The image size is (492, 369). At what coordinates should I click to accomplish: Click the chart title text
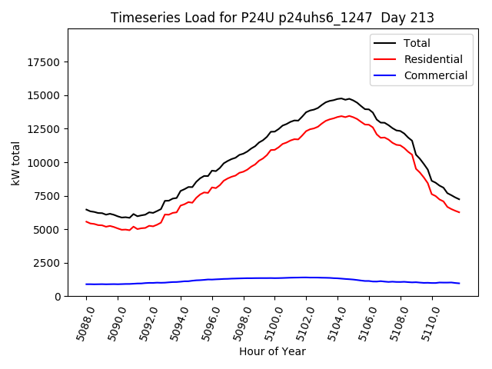coord(272,18)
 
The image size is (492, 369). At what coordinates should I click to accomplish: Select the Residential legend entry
coord(433,59)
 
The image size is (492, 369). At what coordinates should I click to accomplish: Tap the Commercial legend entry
coord(435,75)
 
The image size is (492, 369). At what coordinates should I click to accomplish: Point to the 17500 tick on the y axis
coord(46,62)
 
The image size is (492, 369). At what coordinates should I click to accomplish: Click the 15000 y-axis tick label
coord(46,96)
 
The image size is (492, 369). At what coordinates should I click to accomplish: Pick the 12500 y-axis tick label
coord(46,129)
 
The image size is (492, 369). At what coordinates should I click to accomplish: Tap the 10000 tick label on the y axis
coord(46,163)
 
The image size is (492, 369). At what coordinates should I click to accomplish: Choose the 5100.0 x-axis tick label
coord(270,323)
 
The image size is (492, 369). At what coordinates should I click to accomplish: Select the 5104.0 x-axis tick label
coord(333,323)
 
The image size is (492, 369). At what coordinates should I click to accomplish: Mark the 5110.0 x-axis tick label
coord(427,323)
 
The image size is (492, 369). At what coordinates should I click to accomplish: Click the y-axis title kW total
coord(15,163)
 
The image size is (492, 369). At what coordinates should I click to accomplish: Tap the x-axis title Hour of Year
coord(272,351)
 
